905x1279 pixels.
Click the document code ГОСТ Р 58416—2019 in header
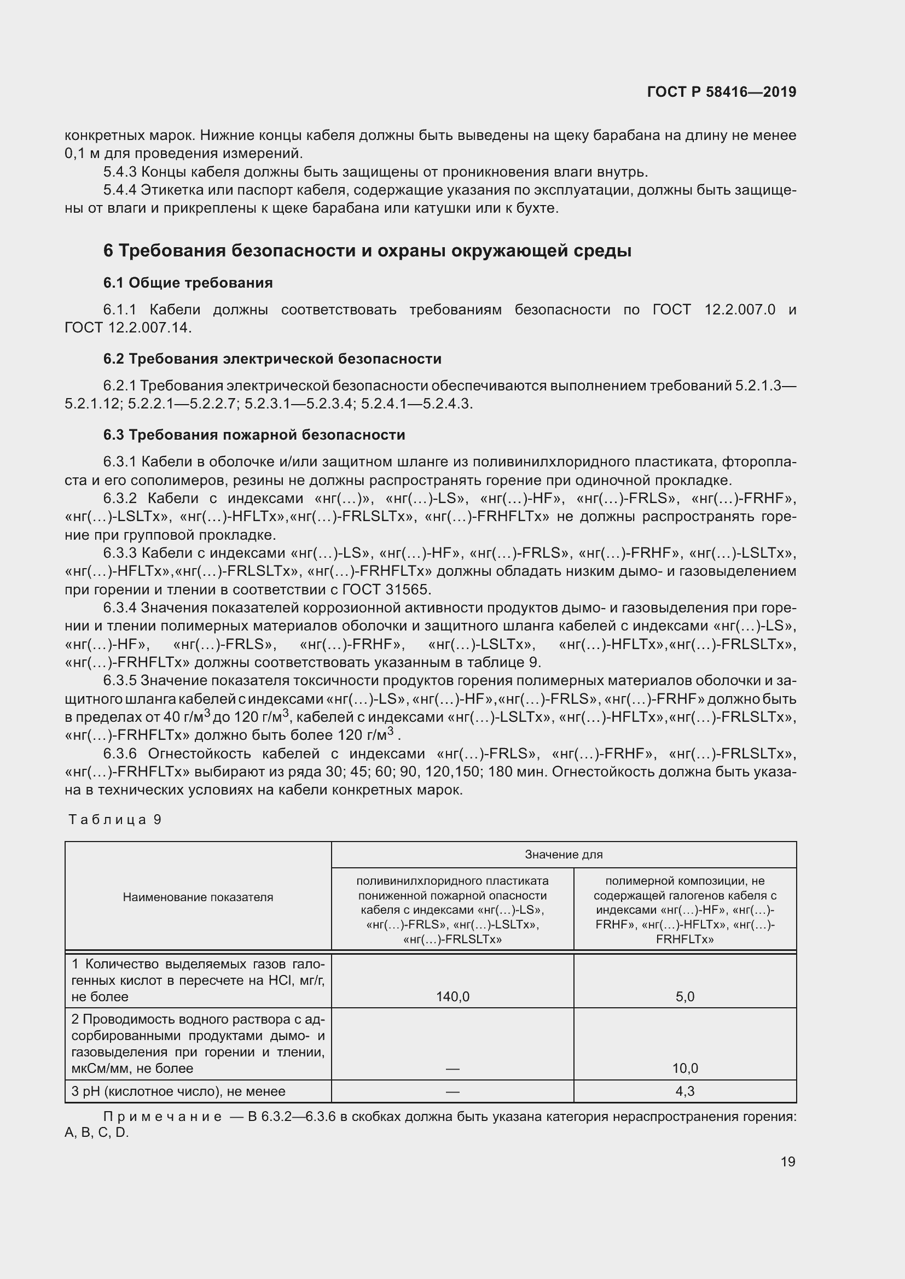[x=721, y=92]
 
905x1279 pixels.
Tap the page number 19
[x=787, y=1161]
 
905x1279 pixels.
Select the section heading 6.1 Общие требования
[x=188, y=283]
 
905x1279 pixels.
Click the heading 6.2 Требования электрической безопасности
[x=272, y=359]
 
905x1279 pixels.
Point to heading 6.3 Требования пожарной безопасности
[x=254, y=435]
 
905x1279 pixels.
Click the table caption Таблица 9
[x=115, y=820]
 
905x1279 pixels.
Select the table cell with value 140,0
[x=452, y=997]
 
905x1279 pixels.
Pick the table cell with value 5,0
[x=684, y=997]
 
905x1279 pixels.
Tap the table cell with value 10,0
[x=684, y=1068]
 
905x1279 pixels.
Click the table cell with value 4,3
[x=684, y=1091]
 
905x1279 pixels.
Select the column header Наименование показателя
[x=198, y=897]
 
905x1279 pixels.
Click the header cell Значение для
[x=564, y=855]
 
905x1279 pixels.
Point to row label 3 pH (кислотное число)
[x=178, y=1091]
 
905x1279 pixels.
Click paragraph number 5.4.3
[x=120, y=172]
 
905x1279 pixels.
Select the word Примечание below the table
[x=162, y=1117]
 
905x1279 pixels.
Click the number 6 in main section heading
[x=108, y=251]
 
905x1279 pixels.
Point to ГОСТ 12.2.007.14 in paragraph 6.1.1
[x=127, y=328]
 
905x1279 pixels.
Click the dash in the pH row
[x=452, y=1091]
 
